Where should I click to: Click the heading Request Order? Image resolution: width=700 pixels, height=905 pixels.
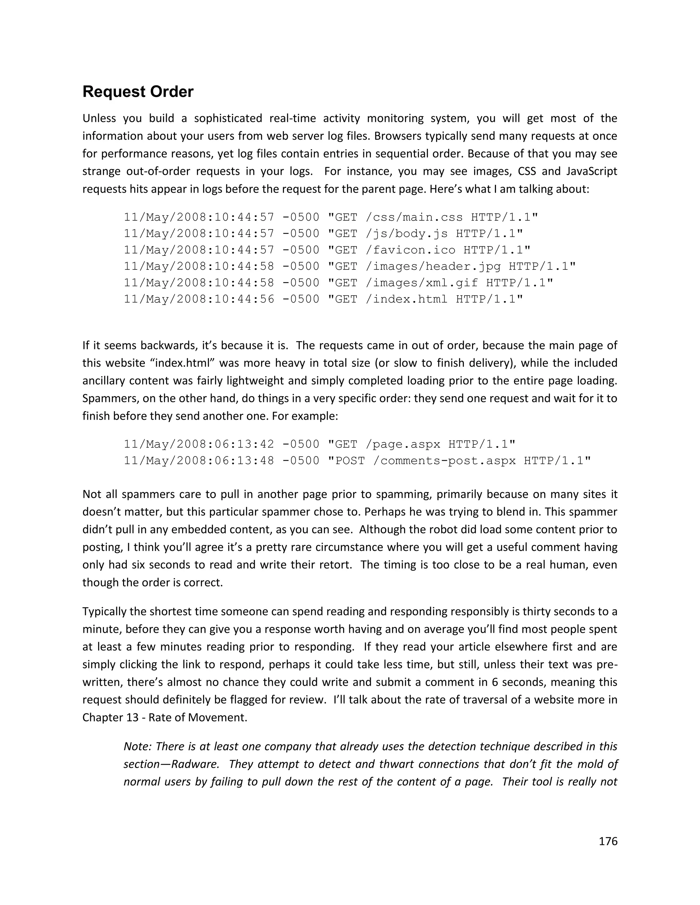[x=138, y=92]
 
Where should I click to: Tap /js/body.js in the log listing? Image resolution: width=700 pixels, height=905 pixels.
[x=406, y=234]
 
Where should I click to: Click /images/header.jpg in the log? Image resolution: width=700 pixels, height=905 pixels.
[x=433, y=266]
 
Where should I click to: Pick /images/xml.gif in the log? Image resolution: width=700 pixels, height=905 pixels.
[x=422, y=283]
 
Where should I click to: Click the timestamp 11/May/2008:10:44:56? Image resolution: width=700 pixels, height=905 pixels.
[x=199, y=299]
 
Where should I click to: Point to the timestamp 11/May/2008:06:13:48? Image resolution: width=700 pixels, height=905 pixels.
[x=199, y=460]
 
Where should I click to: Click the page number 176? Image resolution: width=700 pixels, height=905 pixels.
[x=608, y=841]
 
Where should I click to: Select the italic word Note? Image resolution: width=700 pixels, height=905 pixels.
[x=138, y=746]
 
